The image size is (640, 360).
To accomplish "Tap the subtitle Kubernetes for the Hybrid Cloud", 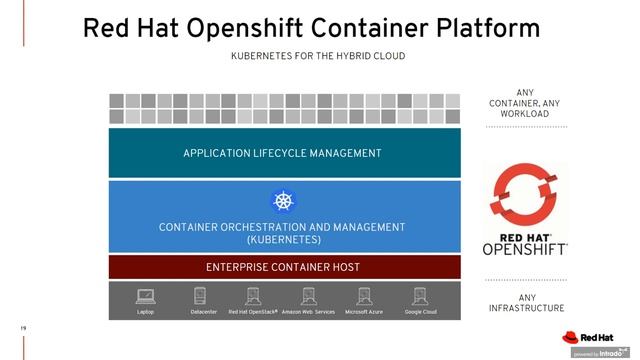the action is click(x=318, y=57).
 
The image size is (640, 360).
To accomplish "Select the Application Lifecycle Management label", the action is click(x=282, y=153).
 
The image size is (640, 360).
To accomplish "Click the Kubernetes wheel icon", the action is click(x=284, y=201).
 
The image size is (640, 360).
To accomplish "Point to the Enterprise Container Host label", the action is click(x=283, y=267).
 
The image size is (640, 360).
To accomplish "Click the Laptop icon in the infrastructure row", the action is click(x=145, y=296).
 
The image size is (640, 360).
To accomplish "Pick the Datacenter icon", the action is click(x=200, y=296).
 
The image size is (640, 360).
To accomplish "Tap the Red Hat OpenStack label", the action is click(x=252, y=312).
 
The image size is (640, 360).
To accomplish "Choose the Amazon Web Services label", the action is click(x=308, y=312).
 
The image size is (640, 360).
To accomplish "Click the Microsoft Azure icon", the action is click(x=364, y=296).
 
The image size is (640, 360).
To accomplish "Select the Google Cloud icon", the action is click(x=419, y=296).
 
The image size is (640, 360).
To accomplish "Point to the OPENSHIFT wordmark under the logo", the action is click(x=525, y=248).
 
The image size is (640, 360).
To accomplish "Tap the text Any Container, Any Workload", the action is click(x=525, y=103).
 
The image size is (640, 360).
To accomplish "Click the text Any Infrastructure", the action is click(x=525, y=302).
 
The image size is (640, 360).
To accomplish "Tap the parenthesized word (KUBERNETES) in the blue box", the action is click(x=283, y=240).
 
